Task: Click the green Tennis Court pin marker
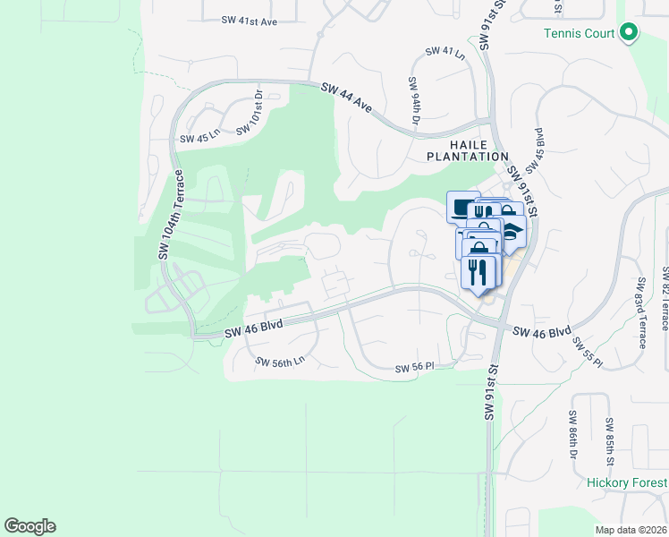click(x=629, y=33)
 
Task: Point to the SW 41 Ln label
click(x=446, y=52)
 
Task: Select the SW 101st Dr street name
click(x=250, y=111)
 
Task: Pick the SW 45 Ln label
click(x=199, y=139)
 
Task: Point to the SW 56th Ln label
click(x=280, y=362)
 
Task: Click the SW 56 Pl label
click(x=414, y=368)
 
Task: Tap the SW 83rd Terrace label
click(x=640, y=322)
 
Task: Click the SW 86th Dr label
click(x=572, y=432)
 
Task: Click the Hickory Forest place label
click(x=627, y=483)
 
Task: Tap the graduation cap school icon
click(x=513, y=232)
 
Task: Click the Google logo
click(x=30, y=526)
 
